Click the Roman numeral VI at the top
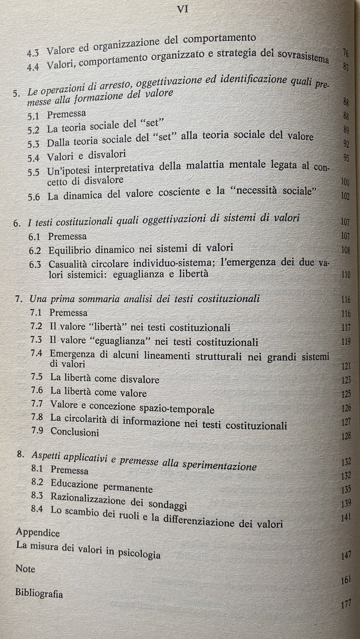(182, 9)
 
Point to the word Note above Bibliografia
(26, 568)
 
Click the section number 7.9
(37, 432)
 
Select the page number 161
(345, 580)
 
